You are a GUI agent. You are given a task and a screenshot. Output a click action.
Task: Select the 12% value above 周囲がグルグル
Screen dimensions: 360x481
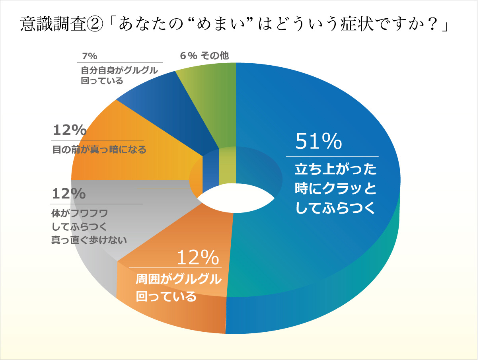(x=198, y=258)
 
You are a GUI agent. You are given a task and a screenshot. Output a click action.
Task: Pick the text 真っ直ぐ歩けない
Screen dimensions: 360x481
(x=89, y=239)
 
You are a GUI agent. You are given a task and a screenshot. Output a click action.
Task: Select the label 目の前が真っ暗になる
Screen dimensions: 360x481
(x=99, y=150)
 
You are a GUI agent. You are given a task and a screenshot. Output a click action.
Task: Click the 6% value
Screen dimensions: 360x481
(x=188, y=56)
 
